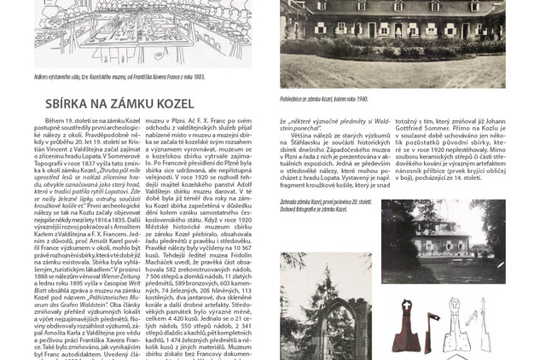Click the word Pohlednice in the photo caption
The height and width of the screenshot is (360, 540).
pyautogui.click(x=295, y=99)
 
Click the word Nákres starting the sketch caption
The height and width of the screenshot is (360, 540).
pyautogui.click(x=44, y=76)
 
